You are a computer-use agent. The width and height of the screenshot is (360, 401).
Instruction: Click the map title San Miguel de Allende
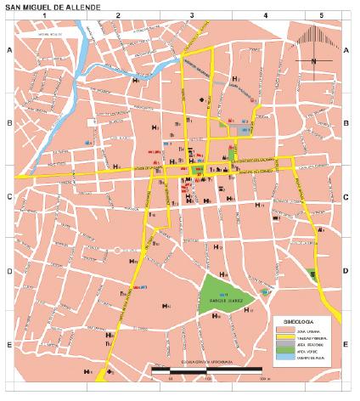point(53,8)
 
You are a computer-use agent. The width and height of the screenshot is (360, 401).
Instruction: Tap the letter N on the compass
point(313,61)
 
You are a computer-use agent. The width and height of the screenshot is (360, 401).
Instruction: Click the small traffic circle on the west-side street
point(116,251)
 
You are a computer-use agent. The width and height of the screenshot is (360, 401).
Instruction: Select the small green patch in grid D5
point(313,274)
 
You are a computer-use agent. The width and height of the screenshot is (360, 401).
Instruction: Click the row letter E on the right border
point(346,344)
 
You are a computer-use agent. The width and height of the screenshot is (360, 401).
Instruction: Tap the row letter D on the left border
point(10,272)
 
